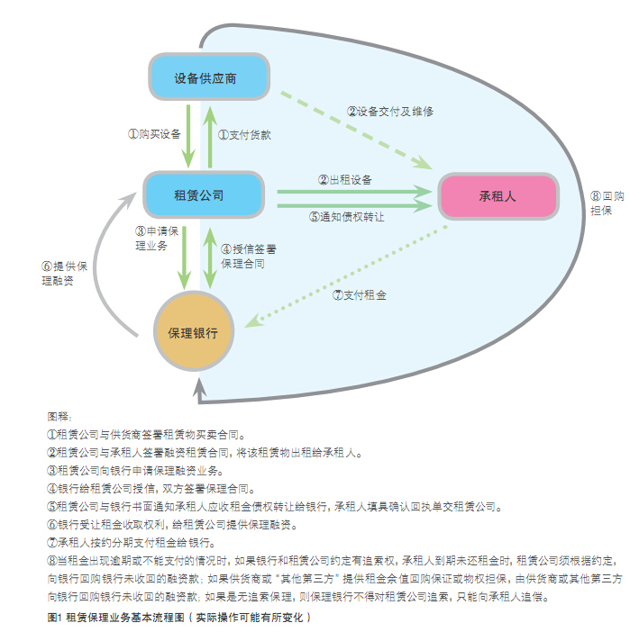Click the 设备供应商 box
click(209, 77)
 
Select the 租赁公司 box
click(204, 194)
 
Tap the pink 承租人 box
click(498, 196)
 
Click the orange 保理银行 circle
click(194, 331)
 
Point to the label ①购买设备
click(154, 134)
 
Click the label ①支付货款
click(244, 135)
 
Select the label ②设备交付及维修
click(390, 112)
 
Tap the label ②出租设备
click(344, 180)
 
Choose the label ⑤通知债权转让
click(347, 217)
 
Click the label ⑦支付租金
click(359, 295)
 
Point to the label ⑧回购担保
click(607, 203)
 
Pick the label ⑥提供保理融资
click(64, 274)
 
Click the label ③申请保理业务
click(157, 239)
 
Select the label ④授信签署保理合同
click(249, 257)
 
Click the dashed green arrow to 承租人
click(356, 130)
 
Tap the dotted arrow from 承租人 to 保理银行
click(346, 276)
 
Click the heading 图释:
click(59, 417)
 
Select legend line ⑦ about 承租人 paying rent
click(131, 543)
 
